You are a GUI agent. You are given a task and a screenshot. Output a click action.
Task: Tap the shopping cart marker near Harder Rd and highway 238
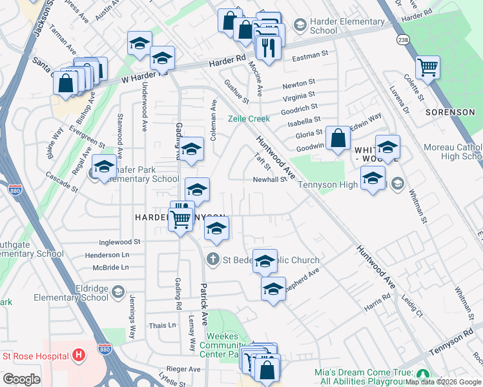click(427, 66)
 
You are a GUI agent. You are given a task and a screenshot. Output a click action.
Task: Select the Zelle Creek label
click(249, 119)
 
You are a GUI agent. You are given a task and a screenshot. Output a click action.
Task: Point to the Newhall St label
click(269, 180)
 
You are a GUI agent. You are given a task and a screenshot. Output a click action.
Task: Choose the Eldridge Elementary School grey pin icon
click(118, 293)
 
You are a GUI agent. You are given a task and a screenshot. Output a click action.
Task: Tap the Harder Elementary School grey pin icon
click(300, 25)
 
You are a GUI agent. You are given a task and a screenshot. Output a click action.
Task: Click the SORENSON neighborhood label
click(450, 112)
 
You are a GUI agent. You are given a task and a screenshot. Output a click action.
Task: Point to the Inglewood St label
click(120, 242)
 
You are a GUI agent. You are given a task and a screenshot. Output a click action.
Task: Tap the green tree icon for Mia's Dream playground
click(422, 374)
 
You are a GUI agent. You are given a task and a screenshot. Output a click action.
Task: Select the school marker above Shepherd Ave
click(265, 261)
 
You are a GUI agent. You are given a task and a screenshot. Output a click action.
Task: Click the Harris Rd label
click(377, 303)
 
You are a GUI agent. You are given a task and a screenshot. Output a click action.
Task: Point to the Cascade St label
click(61, 183)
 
